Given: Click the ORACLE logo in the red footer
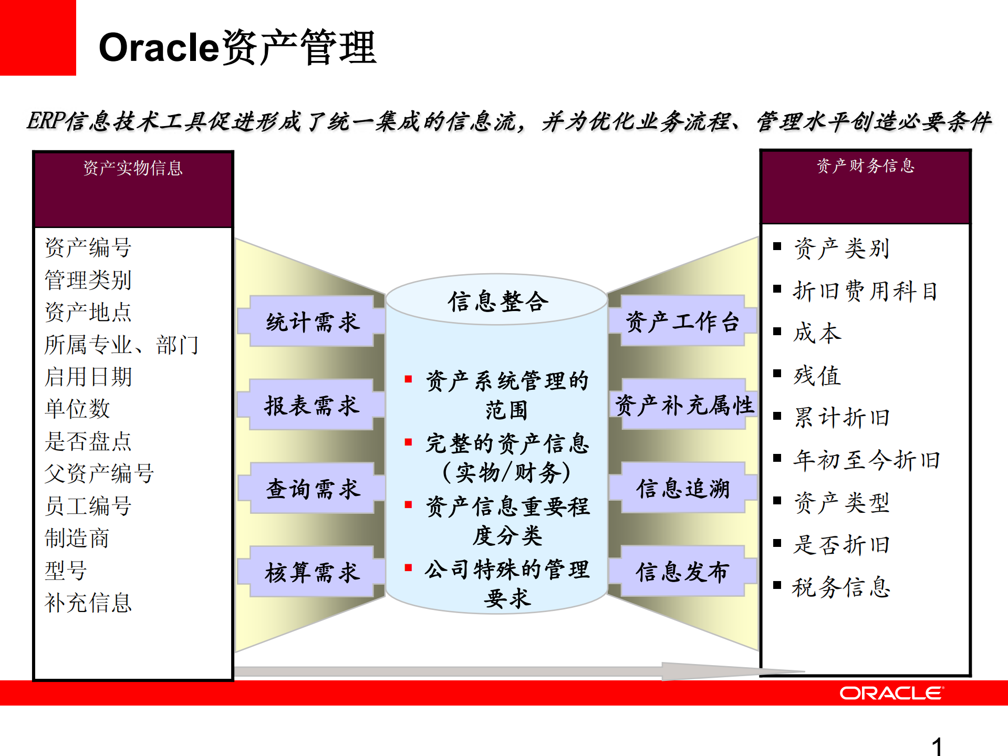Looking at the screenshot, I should coord(891,693).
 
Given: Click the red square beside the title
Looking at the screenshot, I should coord(38,38).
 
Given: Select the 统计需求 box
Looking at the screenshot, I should coord(313,322).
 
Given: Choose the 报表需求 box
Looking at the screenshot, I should coord(312,405).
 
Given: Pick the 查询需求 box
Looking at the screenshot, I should coord(313,489).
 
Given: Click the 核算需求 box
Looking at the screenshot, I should coord(313,572).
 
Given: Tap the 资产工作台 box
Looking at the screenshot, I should coord(682,321).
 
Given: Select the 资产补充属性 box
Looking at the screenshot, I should coord(683,405).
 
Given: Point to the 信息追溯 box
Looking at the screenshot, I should coord(683,488).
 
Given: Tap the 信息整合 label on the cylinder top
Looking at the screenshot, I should coord(497,301).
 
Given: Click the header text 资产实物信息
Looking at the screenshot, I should coord(133,168).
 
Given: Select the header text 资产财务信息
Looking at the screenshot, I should coord(865,166).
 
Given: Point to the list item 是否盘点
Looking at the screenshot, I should coord(88,441).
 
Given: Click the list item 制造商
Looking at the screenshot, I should coord(77,538).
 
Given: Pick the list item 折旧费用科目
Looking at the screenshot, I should coord(865,291).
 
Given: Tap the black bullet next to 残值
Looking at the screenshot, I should coord(777,374).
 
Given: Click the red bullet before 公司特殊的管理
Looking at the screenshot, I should coord(408,567).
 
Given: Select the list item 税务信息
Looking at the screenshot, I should coord(841,587).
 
